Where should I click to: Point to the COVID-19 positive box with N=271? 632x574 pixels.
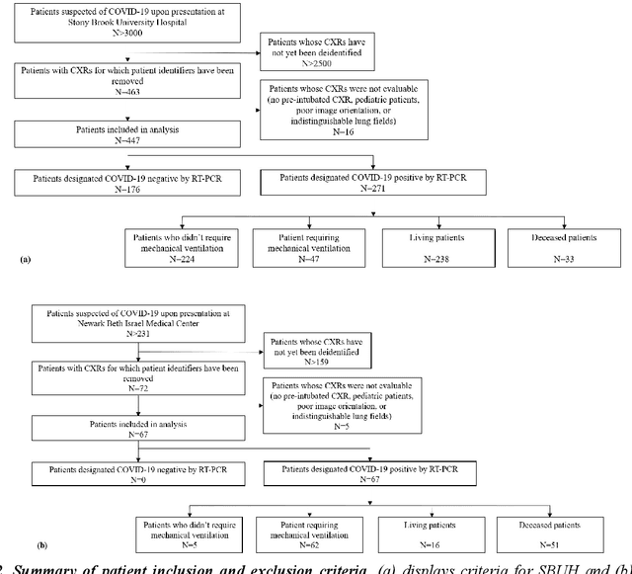click(372, 179)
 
